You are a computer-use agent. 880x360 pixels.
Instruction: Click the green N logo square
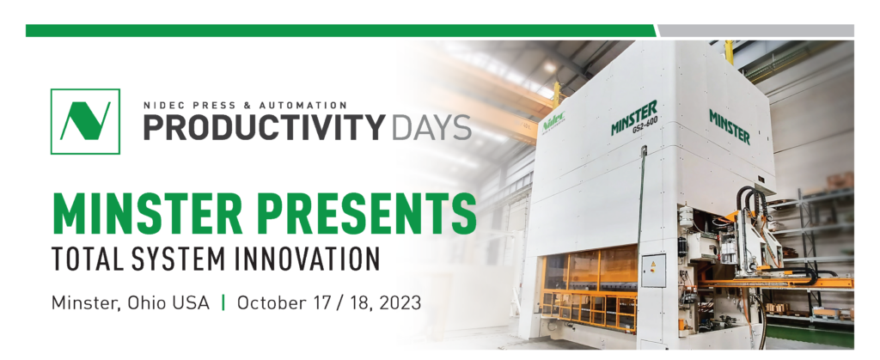click(85, 121)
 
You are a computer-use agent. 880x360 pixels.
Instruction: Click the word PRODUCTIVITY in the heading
click(265, 127)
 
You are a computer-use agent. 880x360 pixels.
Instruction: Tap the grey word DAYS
click(431, 127)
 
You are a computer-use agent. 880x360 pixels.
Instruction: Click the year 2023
click(400, 303)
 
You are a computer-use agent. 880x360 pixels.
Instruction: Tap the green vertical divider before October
click(223, 302)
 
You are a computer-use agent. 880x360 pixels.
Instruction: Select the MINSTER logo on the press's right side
click(730, 126)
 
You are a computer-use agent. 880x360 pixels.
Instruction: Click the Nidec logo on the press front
click(553, 122)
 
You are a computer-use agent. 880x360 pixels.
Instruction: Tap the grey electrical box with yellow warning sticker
click(653, 270)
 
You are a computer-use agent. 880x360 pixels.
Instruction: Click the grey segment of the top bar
click(756, 31)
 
